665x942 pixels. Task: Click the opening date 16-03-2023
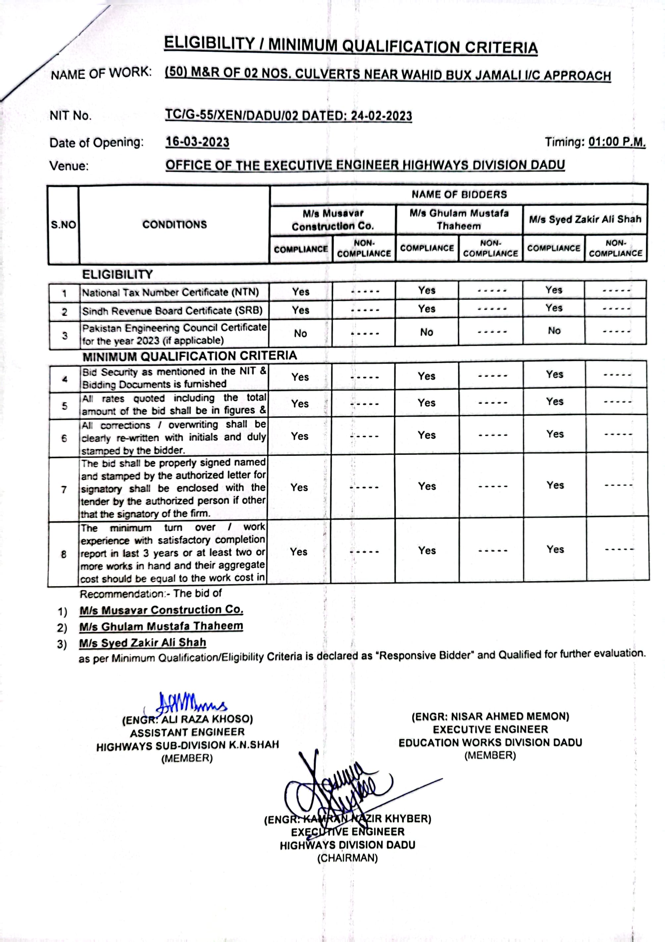197,142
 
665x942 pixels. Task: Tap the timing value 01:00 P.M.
617,142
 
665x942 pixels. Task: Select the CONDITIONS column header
174,225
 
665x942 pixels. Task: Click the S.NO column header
63,225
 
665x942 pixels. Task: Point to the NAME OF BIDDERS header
459,194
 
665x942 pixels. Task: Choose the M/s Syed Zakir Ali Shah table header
585,220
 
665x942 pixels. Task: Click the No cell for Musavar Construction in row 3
300,334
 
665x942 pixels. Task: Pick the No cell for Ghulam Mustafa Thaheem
427,332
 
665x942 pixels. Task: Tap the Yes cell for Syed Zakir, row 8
555,549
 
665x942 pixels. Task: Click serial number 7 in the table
64,490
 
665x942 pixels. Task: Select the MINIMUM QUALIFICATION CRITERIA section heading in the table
189,356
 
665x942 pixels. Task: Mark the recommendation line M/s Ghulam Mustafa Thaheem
161,626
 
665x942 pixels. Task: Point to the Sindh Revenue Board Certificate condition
172,311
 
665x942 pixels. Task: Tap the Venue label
69,166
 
